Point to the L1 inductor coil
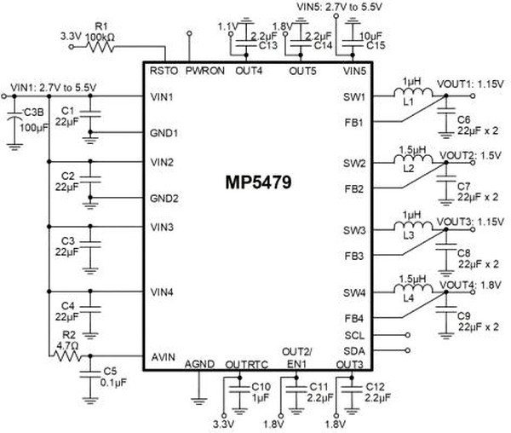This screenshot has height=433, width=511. click(x=413, y=89)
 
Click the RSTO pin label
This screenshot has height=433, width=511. click(x=162, y=71)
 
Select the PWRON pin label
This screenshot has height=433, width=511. click(x=204, y=71)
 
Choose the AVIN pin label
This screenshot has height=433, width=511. click(x=163, y=357)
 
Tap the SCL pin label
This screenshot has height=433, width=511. click(x=354, y=335)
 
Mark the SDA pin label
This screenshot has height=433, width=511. click(x=354, y=351)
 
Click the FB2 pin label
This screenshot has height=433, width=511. click(x=354, y=188)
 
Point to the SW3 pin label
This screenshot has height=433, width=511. click(x=354, y=231)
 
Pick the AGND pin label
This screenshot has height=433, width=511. click(x=200, y=364)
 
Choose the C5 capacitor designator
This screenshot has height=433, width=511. click(x=109, y=372)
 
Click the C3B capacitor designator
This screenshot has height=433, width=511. click(x=34, y=112)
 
